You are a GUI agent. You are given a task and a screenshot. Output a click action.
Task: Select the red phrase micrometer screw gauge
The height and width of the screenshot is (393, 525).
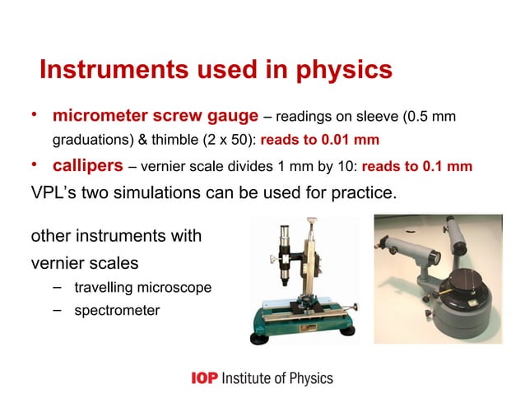(157, 113)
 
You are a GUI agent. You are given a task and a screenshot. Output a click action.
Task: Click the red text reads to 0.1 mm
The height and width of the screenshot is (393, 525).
(416, 167)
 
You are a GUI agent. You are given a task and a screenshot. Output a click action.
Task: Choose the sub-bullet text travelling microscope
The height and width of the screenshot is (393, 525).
(142, 289)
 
